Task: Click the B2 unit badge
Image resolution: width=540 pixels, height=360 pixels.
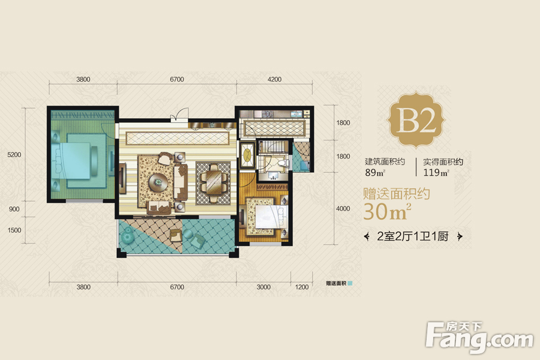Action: point(416,119)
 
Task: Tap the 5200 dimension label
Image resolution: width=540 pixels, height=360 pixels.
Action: point(14,155)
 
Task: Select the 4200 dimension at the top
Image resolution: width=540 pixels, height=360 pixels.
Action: point(274,79)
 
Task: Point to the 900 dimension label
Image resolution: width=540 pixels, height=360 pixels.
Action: point(14,209)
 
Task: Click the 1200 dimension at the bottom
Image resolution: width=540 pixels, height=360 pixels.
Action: point(302,287)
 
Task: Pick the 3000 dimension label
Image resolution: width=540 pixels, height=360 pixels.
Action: point(263,287)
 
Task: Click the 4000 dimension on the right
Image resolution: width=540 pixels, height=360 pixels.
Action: point(343,208)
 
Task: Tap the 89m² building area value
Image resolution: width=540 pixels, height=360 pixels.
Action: point(375,172)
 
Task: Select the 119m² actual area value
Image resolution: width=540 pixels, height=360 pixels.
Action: point(436,172)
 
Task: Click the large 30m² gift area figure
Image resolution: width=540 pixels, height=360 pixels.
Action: point(387,212)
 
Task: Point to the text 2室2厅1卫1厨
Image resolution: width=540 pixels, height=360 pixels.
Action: point(413,236)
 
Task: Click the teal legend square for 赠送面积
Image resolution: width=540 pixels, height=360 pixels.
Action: point(350,283)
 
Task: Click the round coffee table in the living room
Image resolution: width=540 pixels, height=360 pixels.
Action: point(158,181)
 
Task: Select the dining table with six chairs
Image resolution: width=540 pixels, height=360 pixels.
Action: point(214,183)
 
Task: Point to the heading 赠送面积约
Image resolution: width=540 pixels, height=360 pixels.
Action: point(397,194)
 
